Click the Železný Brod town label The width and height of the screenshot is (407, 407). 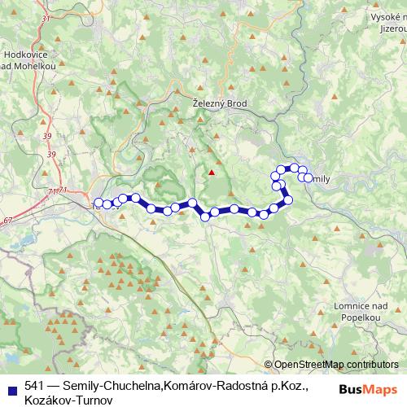tap(218, 103)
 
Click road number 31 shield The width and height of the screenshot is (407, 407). tap(45, 18)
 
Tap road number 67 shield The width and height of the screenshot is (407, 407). tap(8, 220)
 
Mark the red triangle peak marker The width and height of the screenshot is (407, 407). tap(212, 172)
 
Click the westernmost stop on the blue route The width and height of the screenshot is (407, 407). tap(98, 203)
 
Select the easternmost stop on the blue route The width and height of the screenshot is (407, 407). tap(307, 177)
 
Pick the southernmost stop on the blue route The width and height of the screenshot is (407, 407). tap(204, 216)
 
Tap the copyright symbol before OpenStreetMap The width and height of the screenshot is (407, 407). tap(269, 365)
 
